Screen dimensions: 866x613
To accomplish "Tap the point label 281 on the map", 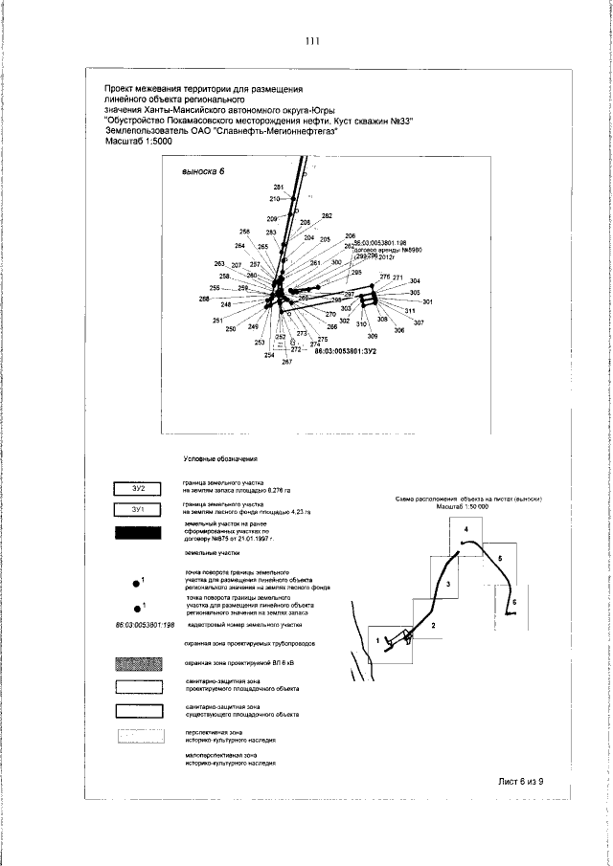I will pos(279,187).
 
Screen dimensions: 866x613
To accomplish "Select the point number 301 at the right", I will pos(428,302).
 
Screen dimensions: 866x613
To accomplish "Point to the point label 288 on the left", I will pos(204,299).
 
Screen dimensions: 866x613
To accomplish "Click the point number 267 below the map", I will pos(286,372).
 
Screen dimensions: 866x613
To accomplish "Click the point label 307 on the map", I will pos(419,322).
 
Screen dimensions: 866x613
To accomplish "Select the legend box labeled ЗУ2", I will pos(139,489).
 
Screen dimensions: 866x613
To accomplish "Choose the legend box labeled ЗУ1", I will pos(139,509).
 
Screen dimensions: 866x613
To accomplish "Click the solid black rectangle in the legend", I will pos(139,532).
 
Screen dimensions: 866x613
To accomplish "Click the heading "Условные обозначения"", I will pos(221,459).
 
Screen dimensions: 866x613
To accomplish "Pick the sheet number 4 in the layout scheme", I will pos(465,529).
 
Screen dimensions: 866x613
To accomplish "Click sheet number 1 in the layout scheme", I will pos(377,639).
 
